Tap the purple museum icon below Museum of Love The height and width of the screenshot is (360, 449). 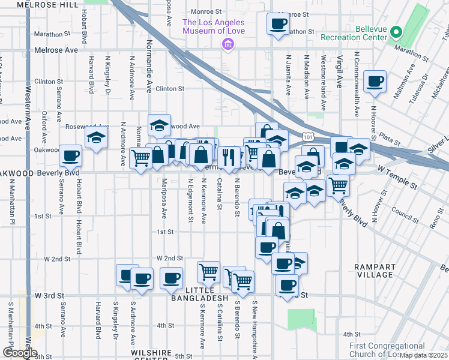[227, 44]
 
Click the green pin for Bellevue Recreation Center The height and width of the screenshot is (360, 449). [396, 32]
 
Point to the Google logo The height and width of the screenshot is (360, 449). [20, 353]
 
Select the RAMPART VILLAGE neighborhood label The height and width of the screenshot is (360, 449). [373, 271]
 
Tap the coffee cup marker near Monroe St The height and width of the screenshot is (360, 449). [277, 24]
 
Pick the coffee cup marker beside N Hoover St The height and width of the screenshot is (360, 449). [375, 81]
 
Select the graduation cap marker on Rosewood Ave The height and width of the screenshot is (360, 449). [159, 125]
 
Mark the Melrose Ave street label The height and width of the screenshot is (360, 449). [56, 50]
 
